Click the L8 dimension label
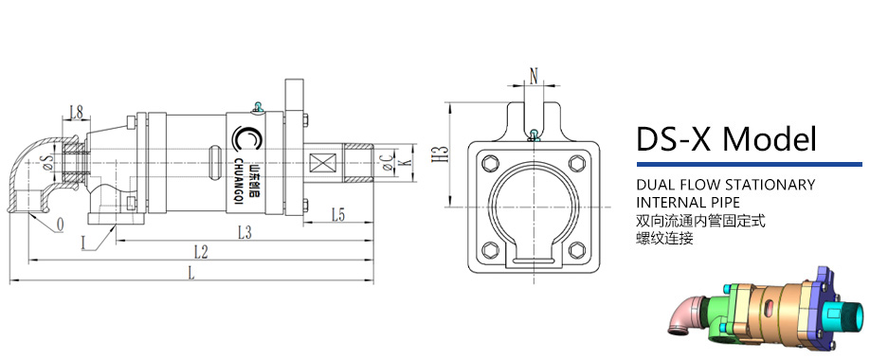[76, 114]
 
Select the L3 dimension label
[245, 232]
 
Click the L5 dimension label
[339, 214]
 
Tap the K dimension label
[406, 163]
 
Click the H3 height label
[439, 154]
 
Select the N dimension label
[534, 77]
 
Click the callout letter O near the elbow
[60, 225]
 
